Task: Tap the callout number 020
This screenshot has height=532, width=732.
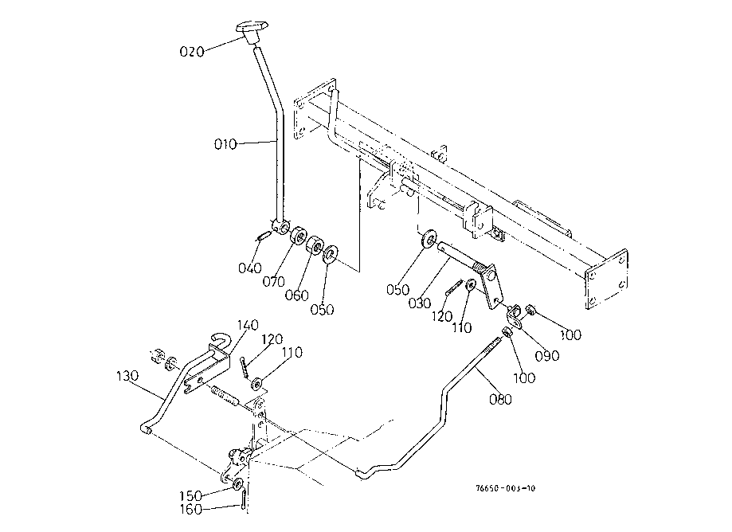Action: [x=192, y=51]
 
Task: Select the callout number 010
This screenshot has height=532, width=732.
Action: [x=225, y=145]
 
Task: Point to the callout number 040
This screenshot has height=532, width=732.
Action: [x=250, y=268]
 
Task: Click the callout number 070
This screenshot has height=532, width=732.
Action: [x=273, y=282]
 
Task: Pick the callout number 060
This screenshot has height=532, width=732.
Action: [x=297, y=295]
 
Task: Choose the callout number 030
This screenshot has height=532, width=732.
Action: [x=419, y=303]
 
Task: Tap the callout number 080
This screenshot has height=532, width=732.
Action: [x=500, y=399]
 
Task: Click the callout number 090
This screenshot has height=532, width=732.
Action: [x=547, y=356]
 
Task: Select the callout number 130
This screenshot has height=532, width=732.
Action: [x=127, y=376]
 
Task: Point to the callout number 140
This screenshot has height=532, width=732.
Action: [x=248, y=325]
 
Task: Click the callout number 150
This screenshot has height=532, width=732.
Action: [x=190, y=495]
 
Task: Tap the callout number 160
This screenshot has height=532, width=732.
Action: [x=191, y=509]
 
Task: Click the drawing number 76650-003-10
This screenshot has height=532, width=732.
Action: [x=506, y=489]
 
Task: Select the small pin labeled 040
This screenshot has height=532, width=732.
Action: [x=264, y=235]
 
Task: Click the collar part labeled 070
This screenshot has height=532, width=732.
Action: [x=299, y=235]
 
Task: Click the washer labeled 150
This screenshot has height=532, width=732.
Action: [x=238, y=483]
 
